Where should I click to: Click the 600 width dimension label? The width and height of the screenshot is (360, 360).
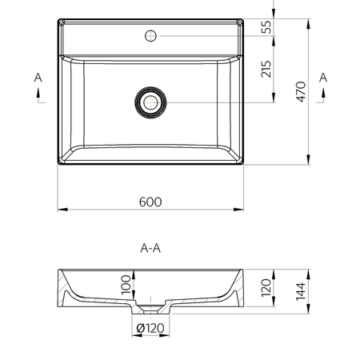(150, 202)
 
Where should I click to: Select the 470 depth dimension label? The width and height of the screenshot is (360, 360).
(302, 92)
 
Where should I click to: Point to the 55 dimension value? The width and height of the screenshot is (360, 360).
(266, 26)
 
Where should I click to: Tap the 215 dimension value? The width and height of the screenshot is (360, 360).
(266, 69)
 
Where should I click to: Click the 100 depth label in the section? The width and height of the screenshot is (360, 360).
(126, 285)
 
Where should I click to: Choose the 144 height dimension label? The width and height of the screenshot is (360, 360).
(301, 291)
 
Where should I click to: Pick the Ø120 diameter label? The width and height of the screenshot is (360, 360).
(150, 328)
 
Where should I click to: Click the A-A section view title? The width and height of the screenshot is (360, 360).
(150, 248)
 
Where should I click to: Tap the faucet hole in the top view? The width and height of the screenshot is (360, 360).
(150, 36)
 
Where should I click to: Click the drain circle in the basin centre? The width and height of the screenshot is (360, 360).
(150, 102)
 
